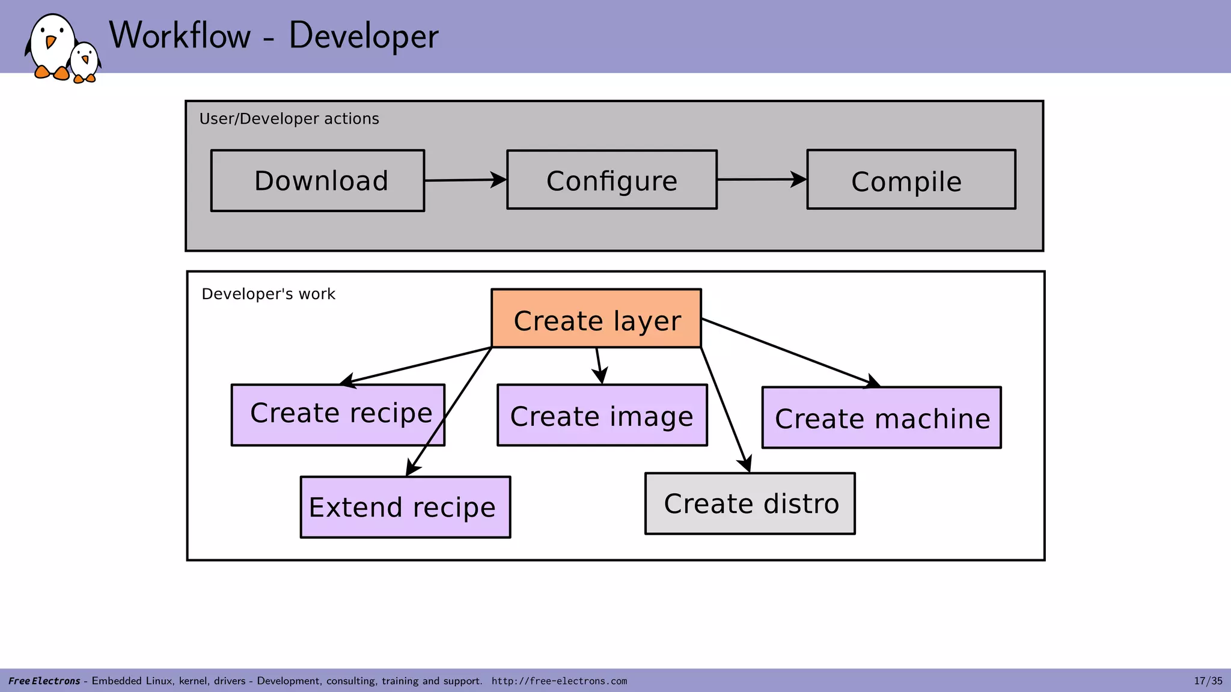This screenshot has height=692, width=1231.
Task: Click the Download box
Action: pyautogui.click(x=317, y=181)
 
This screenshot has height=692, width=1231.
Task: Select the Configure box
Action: pyautogui.click(x=612, y=180)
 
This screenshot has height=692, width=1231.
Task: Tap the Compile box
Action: pyautogui.click(x=911, y=180)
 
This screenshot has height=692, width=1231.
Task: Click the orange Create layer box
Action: pyautogui.click(x=596, y=319)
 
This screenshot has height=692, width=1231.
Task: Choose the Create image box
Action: pyautogui.click(x=602, y=416)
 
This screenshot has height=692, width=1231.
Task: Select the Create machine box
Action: pyautogui.click(x=881, y=418)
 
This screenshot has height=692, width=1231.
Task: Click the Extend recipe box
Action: pyautogui.click(x=405, y=508)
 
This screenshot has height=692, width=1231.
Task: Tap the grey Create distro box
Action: pyautogui.click(x=750, y=503)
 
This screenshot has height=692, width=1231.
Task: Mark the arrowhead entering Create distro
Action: pyautogui.click(x=746, y=464)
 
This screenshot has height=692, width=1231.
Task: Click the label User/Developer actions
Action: pyautogui.click(x=289, y=119)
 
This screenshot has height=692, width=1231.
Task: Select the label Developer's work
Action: pyautogui.click(x=268, y=294)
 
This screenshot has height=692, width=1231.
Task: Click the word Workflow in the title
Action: pyautogui.click(x=180, y=35)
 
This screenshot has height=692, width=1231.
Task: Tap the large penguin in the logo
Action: pyautogui.click(x=52, y=46)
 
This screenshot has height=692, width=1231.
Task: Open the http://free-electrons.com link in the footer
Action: pyautogui.click(x=559, y=681)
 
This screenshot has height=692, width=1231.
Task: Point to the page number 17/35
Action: pyautogui.click(x=1208, y=681)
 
